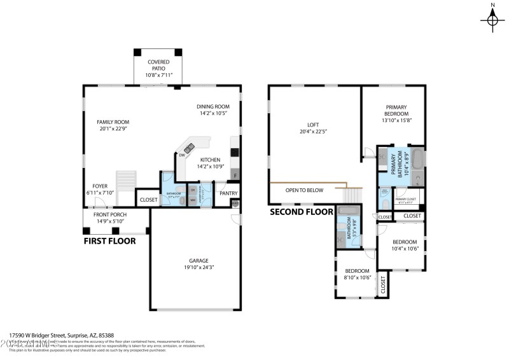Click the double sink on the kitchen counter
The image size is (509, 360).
click(189, 149)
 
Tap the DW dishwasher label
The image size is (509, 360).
click(182, 155)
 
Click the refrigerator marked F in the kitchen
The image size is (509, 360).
click(235, 175)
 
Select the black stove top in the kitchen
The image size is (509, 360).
click(235, 152)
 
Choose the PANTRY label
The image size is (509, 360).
click(228, 193)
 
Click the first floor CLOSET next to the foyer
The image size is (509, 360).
click(148, 199)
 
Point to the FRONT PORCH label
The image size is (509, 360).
click(111, 215)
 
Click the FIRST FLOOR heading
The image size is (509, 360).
click(110, 241)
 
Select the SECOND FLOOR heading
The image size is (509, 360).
click(302, 212)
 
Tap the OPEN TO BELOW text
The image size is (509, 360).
click(304, 190)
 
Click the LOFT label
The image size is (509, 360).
click(313, 125)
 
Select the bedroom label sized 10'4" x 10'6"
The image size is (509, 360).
click(404, 242)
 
